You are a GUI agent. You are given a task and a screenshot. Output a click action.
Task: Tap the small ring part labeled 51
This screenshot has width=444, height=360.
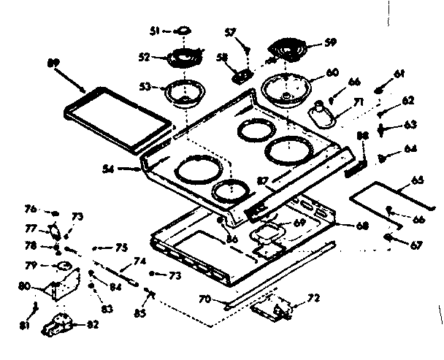click(183, 31)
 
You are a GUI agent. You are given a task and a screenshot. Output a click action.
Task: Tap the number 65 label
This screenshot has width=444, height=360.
click(417, 180)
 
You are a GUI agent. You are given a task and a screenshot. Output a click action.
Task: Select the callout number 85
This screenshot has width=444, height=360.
click(139, 313)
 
